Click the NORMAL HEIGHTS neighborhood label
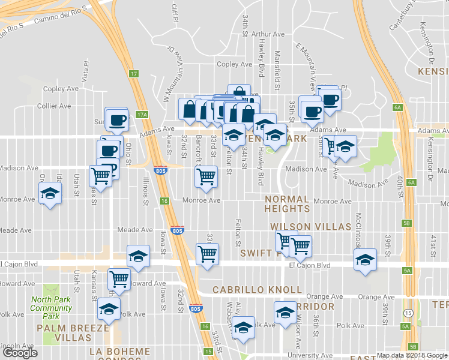[287, 203]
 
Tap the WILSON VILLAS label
[310, 227]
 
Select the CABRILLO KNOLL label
[258, 290]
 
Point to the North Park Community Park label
[52, 308]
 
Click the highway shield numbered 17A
[142, 114]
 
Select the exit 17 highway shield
[134, 74]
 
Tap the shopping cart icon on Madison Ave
[206, 176]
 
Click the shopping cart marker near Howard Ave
[119, 278]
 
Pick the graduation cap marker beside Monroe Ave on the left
[50, 193]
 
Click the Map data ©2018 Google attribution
[412, 355]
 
